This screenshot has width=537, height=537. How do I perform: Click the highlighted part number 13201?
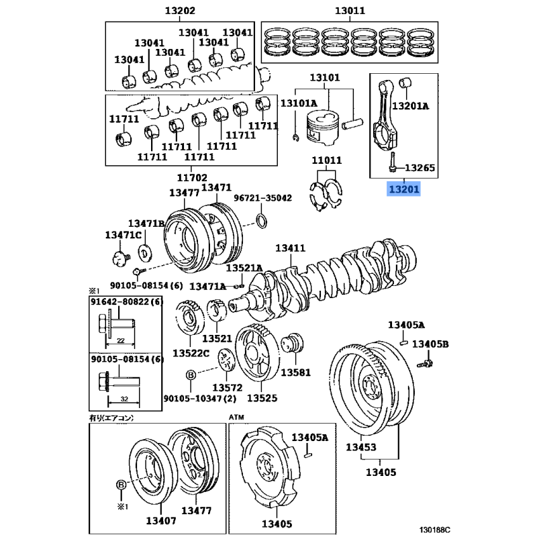pos(403,190)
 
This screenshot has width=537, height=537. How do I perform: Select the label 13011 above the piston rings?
pos(350,11)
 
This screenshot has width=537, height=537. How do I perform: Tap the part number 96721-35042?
pos(262,198)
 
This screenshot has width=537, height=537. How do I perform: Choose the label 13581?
pos(296,372)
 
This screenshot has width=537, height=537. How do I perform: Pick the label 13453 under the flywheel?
pos(361,447)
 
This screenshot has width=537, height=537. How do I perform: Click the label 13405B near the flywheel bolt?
pos(430,344)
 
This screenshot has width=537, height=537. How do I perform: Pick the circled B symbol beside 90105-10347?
pos(190,376)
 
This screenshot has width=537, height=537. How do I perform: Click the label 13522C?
pos(191,354)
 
